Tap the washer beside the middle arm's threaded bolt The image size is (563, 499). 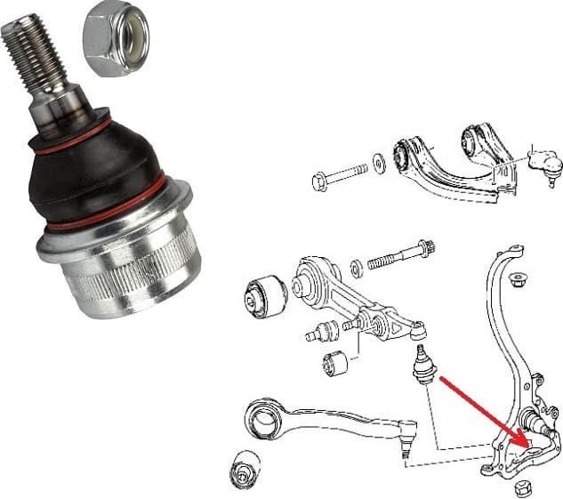coord(357,266)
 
